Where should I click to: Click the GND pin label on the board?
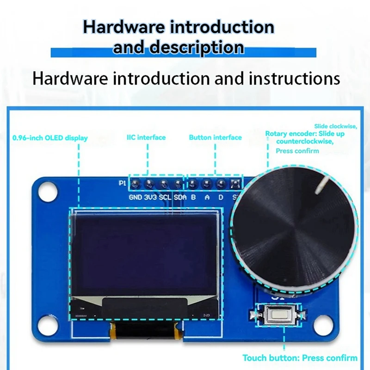pyautogui.click(x=136, y=197)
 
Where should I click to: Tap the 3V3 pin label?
pyautogui.click(x=150, y=197)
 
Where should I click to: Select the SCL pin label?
pyautogui.click(x=165, y=197)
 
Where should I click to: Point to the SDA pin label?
pyautogui.click(x=180, y=197)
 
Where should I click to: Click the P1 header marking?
pyautogui.click(x=123, y=183)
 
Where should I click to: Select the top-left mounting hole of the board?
pyautogui.click(x=47, y=191)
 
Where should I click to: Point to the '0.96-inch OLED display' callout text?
pyautogui.click(x=50, y=138)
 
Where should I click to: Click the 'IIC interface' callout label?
pyautogui.click(x=146, y=137)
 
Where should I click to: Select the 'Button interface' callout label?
pyautogui.click(x=215, y=137)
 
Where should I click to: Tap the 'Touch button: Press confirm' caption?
pyautogui.click(x=300, y=358)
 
